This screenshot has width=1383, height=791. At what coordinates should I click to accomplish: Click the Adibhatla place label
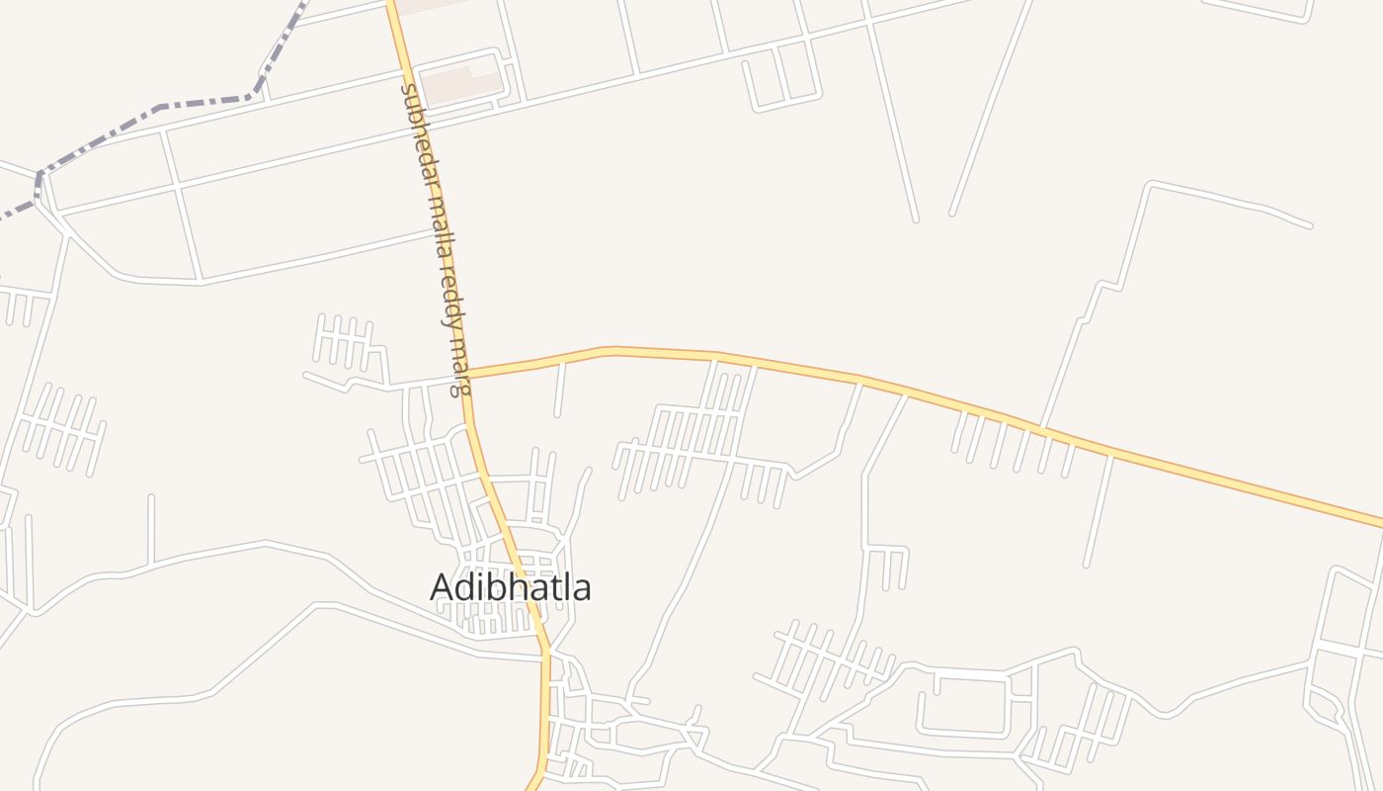tap(511, 587)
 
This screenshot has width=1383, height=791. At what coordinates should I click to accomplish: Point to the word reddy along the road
tap(449, 295)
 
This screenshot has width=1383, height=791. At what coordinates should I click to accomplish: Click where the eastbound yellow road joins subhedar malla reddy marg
tap(467, 376)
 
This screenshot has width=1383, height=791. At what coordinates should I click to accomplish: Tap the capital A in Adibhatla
tap(443, 587)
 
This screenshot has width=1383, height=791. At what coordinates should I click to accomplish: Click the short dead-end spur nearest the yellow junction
tap(560, 390)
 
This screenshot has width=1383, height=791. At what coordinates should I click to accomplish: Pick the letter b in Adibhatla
tap(493, 587)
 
